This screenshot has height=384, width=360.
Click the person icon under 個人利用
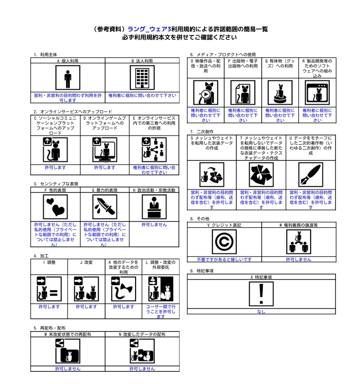point(68,78)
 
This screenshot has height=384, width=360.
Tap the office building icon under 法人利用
point(142,78)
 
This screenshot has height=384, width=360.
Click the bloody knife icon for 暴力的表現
point(104,207)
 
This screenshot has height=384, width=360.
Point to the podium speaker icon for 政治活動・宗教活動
point(154,207)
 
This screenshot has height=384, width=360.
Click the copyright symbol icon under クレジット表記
point(224,242)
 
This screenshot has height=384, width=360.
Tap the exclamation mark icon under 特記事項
point(261,294)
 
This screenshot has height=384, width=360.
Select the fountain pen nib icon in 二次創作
point(311,175)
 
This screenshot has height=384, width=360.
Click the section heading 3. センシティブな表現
point(56,184)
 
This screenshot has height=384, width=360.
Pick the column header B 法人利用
point(142,60)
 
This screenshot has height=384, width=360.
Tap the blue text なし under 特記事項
point(261,311)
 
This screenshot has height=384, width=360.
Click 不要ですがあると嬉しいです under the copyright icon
point(224,259)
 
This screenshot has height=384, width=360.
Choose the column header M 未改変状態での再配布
point(68,334)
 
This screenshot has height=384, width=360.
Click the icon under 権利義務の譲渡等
point(298,242)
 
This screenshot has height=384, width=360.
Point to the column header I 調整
point(49,262)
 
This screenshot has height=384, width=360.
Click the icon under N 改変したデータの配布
point(142,351)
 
